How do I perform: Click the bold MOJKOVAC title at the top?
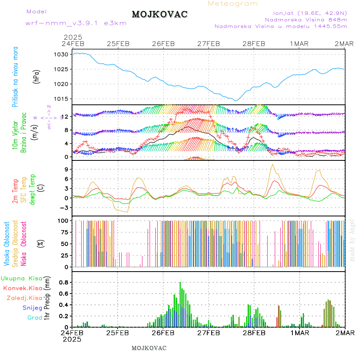coord(160,14)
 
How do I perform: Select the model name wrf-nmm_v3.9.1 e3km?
coord(76,23)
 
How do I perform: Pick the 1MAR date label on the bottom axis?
coord(300,332)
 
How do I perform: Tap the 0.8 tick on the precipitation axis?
coord(64,282)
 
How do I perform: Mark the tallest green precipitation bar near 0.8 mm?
coord(180,304)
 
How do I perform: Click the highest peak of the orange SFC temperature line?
coord(273,164)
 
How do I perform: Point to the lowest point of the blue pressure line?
coord(236,100)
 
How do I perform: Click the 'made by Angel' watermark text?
coord(352,240)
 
